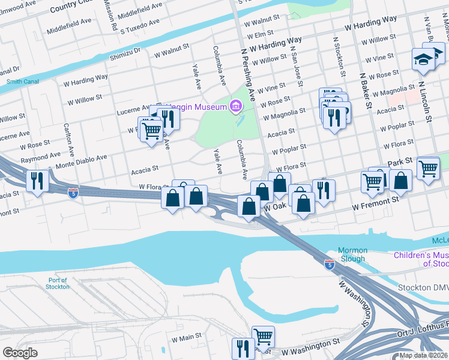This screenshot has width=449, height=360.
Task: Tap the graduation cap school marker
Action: [x=422, y=59]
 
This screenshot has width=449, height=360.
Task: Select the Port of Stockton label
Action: [x=58, y=283]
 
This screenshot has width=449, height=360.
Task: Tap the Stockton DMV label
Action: [x=423, y=287]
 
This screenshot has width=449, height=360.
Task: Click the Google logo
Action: [x=20, y=352]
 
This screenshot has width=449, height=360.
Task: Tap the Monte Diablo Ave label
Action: [x=81, y=161]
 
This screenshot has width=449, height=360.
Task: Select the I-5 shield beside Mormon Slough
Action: [x=329, y=263]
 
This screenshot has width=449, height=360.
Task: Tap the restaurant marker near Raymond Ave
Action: [x=37, y=180]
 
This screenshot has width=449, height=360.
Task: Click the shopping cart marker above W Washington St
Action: [x=263, y=335]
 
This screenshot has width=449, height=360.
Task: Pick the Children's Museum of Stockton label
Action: [x=421, y=259]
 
